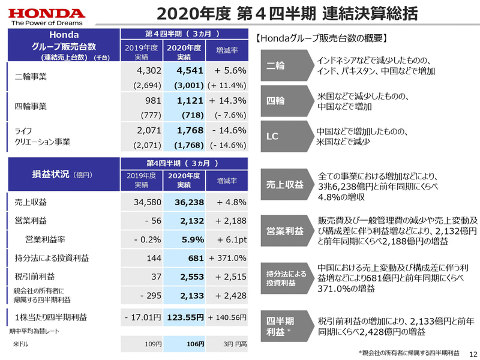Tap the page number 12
(472, 353)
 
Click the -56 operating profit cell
(147, 220)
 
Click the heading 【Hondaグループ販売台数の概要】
(321, 38)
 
